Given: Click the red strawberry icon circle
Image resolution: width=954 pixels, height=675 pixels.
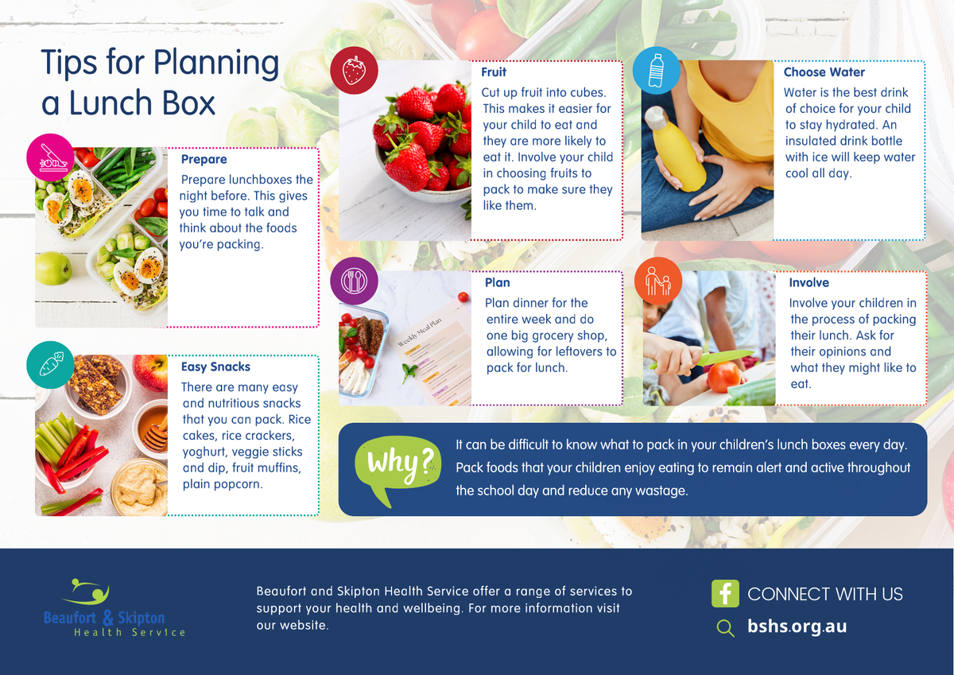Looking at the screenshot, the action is coord(354,70).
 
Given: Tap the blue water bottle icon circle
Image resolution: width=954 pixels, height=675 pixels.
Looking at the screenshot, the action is coord(657,70).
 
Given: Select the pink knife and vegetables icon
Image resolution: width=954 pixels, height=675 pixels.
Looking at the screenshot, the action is coord(50,157).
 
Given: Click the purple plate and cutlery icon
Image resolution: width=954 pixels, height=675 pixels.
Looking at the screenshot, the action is coord(354,281).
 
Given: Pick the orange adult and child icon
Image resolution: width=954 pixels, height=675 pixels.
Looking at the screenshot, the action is coord(658,281).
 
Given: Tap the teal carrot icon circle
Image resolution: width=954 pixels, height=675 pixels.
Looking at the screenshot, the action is coord(50,365).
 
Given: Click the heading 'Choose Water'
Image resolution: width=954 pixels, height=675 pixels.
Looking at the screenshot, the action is coord(824,72).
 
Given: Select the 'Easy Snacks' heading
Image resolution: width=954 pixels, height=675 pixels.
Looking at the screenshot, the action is coord(215,367).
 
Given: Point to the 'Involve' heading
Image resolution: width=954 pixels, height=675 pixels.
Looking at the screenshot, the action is coord(809,282).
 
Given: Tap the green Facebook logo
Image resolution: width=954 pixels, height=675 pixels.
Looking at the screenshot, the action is coord(725,593).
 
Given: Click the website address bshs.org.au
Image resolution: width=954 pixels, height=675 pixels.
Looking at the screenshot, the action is coord(797,627).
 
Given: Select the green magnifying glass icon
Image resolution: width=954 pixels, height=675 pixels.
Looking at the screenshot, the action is coord(725,628).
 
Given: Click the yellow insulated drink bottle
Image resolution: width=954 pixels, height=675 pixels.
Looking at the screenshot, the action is coord(674,149).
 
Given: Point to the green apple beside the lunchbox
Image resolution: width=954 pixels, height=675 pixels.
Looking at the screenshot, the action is coord(53,268).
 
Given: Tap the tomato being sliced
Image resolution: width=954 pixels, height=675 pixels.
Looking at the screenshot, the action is coord(723,377).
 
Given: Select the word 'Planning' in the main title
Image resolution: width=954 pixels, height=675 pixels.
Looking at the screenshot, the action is coord(216,64).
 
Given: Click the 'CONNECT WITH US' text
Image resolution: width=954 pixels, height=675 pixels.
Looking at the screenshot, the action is coord(825,594).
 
